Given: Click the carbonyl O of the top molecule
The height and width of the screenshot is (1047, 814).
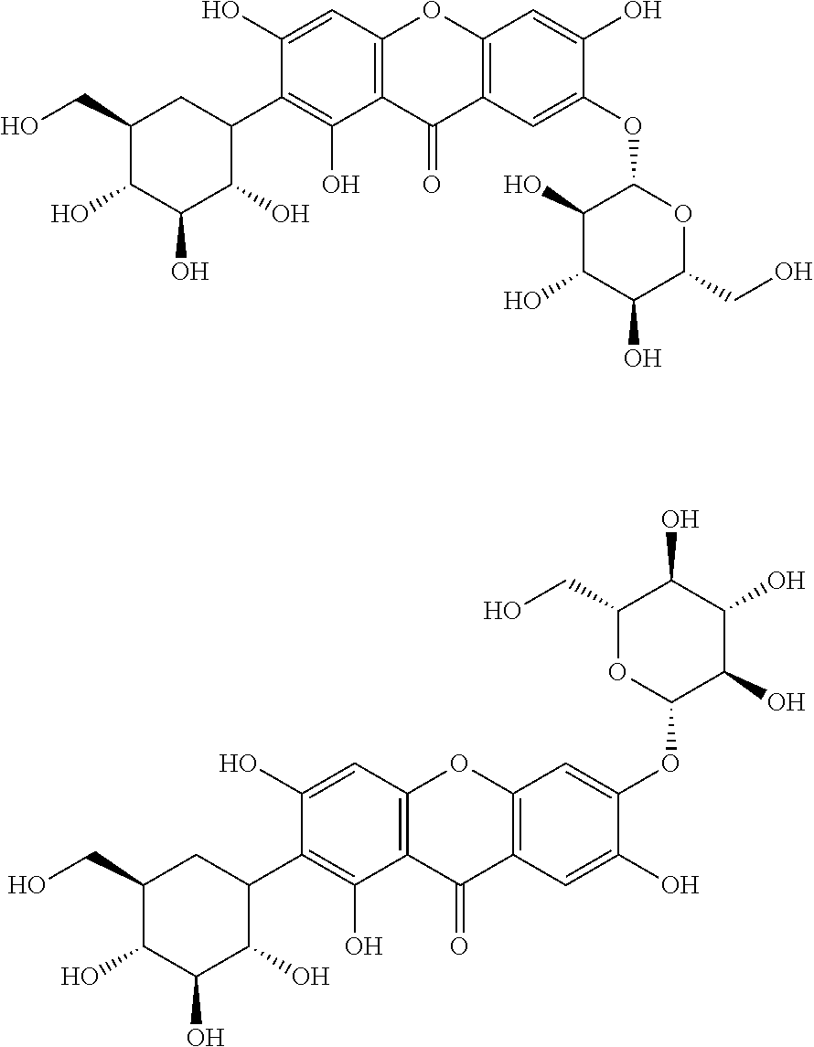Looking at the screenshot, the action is (432, 186).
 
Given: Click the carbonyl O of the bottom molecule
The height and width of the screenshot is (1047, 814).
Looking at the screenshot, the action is (458, 946).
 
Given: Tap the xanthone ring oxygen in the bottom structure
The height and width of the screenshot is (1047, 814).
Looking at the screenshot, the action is (459, 762).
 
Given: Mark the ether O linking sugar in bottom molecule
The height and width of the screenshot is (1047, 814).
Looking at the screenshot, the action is (669, 762).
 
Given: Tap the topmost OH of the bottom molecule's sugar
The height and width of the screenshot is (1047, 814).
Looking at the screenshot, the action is (680, 520).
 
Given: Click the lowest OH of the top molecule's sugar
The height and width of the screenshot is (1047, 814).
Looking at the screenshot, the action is (642, 358).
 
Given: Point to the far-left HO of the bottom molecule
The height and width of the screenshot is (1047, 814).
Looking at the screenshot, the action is (29, 885).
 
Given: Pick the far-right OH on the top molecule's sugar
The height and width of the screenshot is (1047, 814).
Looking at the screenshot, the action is (792, 272).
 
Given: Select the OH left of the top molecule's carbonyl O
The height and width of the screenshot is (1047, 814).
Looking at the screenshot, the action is (340, 186).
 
